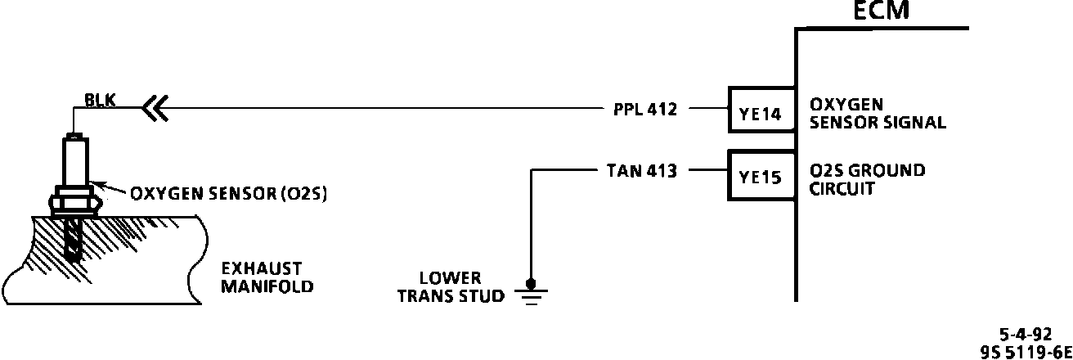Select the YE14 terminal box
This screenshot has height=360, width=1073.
761,115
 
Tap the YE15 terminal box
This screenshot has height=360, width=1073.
761,176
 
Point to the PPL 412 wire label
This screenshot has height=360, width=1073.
644,108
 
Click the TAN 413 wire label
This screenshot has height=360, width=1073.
642,171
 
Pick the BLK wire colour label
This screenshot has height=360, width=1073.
100,101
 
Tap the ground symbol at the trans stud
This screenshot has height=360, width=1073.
531,291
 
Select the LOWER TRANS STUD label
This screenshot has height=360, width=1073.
451,286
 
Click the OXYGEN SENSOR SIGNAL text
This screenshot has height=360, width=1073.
878,115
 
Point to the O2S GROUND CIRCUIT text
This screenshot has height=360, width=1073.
867,179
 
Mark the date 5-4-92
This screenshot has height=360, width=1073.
1026,334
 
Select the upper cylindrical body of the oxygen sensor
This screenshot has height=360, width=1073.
76,160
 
